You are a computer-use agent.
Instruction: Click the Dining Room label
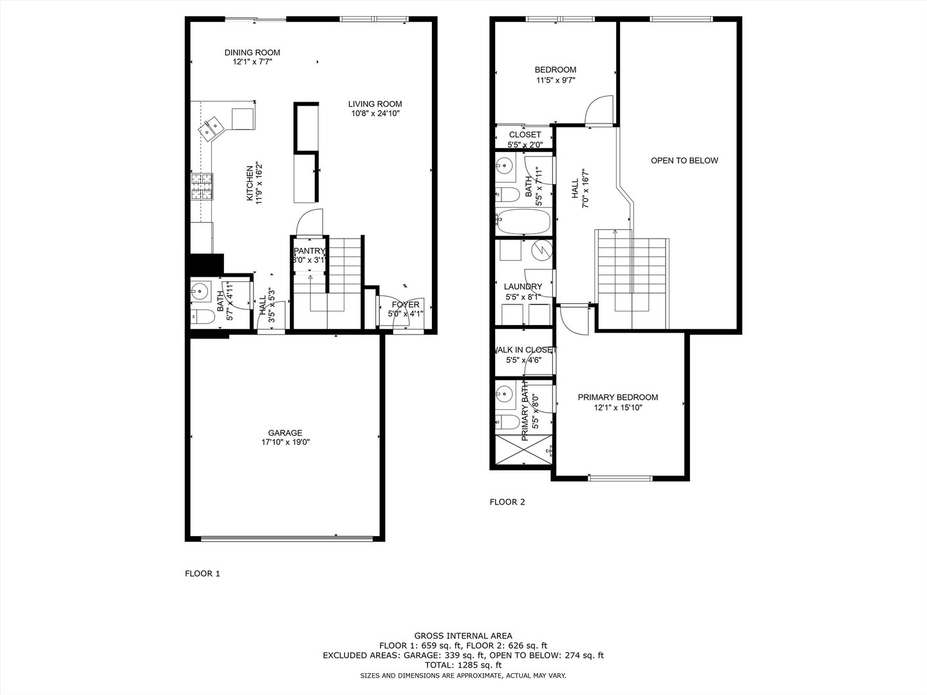tap(252, 53)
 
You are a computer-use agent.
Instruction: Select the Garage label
tap(285, 433)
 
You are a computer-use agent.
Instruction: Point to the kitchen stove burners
tap(201, 187)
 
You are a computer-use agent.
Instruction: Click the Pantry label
tap(310, 251)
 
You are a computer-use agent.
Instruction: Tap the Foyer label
tap(406, 304)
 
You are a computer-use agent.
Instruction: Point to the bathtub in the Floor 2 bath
tap(523, 222)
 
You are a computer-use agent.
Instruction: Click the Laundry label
tap(523, 286)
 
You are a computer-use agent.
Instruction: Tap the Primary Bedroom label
tap(617, 397)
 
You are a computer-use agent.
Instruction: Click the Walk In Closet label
tap(523, 350)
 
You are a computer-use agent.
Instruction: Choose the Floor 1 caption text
tap(202, 573)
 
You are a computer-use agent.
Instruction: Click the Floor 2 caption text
tap(507, 502)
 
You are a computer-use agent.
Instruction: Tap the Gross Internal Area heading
tap(463, 636)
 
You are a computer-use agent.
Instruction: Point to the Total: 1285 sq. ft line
tap(463, 665)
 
